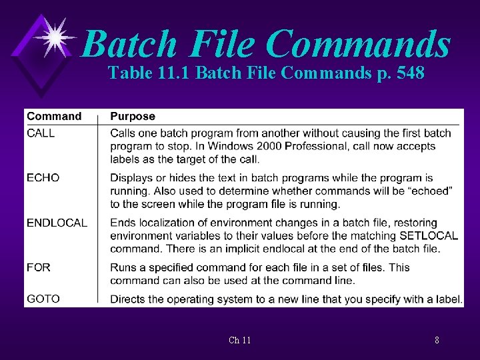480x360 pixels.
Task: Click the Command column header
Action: point(54,117)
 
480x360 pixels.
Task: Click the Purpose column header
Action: point(133,117)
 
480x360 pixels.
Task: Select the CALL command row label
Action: point(41,133)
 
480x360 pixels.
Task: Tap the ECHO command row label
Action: point(43,178)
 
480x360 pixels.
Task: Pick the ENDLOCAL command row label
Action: point(57,223)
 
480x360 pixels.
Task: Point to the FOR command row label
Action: point(39,267)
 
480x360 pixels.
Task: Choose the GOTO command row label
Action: point(43,299)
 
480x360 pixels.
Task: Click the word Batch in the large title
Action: point(131,44)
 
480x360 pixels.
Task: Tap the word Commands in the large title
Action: point(357,44)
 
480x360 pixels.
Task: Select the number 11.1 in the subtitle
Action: point(176,73)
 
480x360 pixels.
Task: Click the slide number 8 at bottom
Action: point(437,341)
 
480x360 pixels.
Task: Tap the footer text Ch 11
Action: point(240,341)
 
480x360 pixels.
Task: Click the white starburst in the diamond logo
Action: point(56,37)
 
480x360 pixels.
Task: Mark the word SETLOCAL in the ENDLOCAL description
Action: point(429,236)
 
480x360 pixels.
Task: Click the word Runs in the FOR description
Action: point(123,267)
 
